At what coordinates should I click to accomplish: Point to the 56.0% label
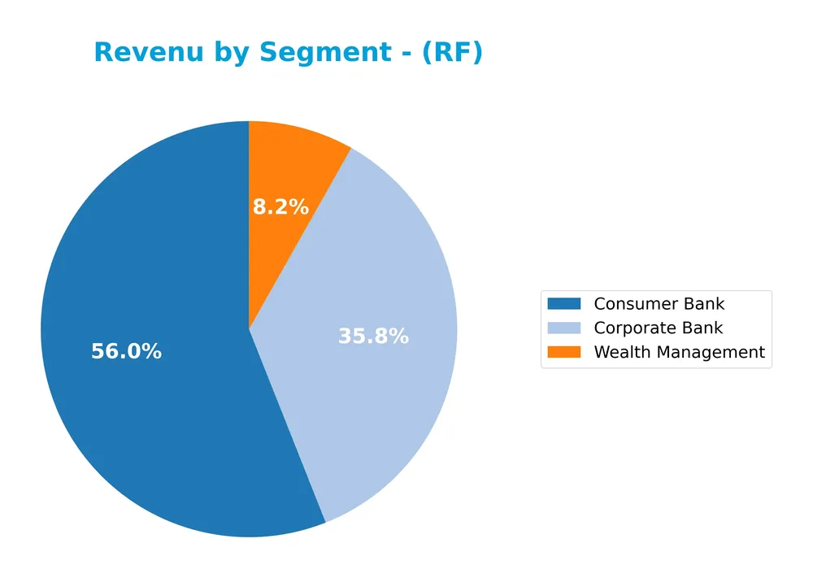(126, 352)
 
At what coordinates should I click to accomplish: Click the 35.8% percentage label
(373, 336)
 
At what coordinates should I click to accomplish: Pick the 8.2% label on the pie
(280, 207)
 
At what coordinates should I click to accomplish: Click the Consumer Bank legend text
(659, 304)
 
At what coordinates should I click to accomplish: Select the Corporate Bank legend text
(658, 328)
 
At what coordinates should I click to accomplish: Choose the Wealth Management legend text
(679, 353)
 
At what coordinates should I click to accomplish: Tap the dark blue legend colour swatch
(564, 304)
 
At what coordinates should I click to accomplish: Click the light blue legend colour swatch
(564, 328)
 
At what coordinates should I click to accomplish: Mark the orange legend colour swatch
(564, 353)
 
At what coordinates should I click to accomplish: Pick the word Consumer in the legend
(631, 304)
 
